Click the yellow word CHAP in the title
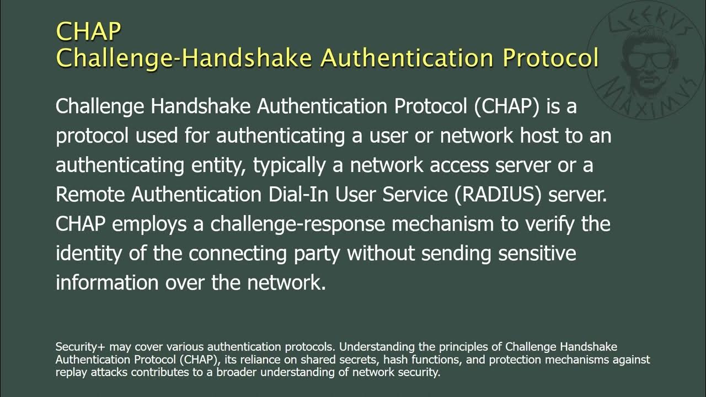[88, 31]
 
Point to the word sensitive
[538, 254]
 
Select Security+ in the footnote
[81, 347]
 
